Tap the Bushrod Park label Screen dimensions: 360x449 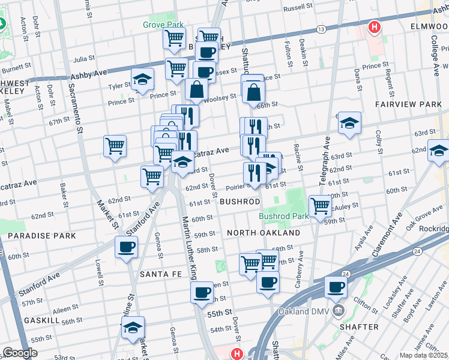click(283, 216)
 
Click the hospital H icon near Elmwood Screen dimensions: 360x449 click(375, 27)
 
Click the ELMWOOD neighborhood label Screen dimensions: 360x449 click(429, 28)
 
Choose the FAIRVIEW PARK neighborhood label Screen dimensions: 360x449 click(408, 104)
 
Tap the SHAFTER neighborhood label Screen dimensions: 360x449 click(359, 327)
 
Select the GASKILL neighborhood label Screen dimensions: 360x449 click(41, 321)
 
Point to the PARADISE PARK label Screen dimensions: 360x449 click(42, 236)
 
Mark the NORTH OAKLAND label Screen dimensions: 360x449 click(264, 233)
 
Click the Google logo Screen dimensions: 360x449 click(20, 353)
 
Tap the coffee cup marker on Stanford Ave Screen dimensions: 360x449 click(126, 247)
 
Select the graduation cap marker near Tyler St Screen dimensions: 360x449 click(143, 79)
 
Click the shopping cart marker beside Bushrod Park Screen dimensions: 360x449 click(321, 206)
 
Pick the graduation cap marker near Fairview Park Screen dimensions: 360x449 click(350, 122)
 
